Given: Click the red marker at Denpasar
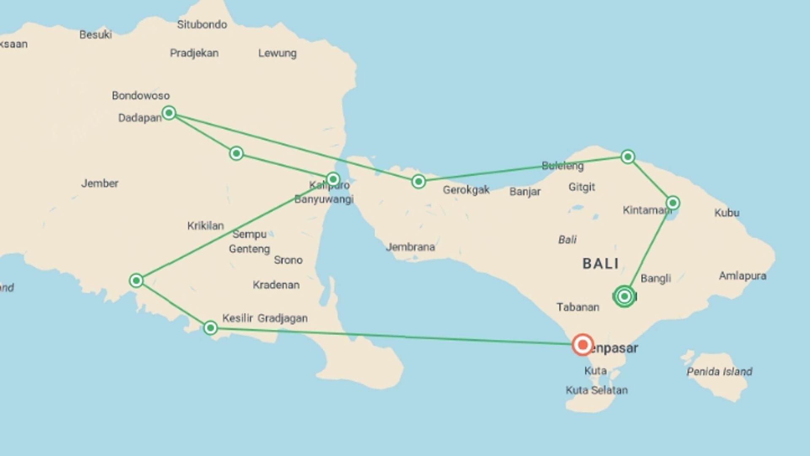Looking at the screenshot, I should (583, 345).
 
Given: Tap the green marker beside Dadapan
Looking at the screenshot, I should (169, 113).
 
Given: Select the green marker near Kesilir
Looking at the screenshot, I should (211, 328).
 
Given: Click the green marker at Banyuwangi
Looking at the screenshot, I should (333, 179).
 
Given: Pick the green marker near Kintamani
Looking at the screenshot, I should (673, 203).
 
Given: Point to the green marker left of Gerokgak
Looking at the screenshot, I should (418, 182).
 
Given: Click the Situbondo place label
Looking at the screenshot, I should (202, 24).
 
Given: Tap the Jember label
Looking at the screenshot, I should (100, 183).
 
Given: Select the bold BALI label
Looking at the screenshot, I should (600, 264).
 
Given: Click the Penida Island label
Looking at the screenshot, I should (719, 372).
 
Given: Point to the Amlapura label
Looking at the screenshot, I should (742, 276).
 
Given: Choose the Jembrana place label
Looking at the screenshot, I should (410, 247).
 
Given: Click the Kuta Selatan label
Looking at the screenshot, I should (597, 390).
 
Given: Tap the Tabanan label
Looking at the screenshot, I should (578, 307).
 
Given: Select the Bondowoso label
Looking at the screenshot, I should (140, 95).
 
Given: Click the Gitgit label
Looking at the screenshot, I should (581, 187).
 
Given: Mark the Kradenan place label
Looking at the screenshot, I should (276, 285).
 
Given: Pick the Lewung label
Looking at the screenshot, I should (277, 53).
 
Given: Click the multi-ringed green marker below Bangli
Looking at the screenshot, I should (624, 296).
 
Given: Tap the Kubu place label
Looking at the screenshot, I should (726, 213).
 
